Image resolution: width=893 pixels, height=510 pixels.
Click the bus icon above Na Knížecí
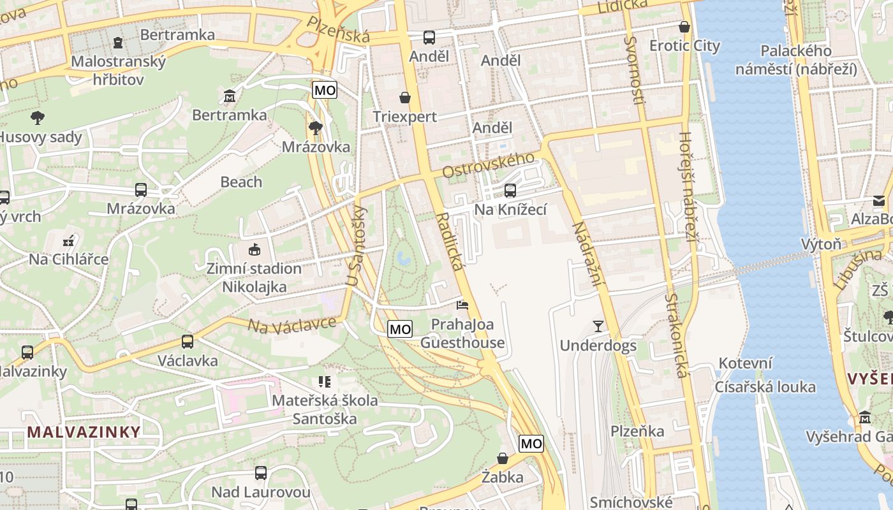510,190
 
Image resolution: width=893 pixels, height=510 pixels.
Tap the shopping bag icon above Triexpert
404,98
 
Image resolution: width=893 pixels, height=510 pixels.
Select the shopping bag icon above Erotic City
684,27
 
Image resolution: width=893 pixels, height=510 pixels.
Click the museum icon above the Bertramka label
230,96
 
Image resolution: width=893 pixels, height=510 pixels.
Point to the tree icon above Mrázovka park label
315,128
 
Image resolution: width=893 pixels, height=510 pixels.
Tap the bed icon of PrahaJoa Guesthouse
462,305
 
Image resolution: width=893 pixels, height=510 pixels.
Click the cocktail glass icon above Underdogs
598,326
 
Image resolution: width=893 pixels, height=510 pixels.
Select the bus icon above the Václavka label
187,342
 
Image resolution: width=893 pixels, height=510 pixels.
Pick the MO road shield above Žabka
531,443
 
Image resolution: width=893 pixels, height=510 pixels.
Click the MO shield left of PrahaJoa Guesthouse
400,329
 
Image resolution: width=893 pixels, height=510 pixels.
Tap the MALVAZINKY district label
84,432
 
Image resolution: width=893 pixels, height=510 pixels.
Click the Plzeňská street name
338,29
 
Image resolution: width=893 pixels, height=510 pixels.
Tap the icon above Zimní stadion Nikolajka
254,249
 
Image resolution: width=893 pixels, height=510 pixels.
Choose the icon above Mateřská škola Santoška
325,382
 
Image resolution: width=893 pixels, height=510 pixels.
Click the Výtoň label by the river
821,244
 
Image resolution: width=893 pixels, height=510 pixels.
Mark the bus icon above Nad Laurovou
260,473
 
